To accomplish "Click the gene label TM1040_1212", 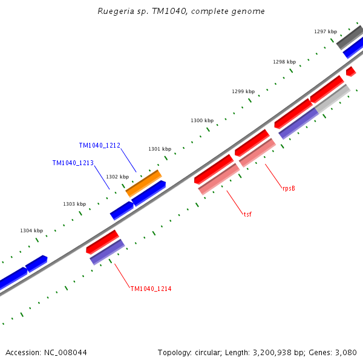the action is pyautogui.click(x=99, y=146).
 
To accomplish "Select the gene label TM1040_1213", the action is pyautogui.click(x=73, y=163).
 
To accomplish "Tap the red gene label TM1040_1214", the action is pyautogui.click(x=151, y=289).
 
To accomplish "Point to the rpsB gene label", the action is pyautogui.click(x=289, y=189).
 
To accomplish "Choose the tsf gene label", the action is pyautogui.click(x=247, y=214).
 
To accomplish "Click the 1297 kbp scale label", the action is pyautogui.click(x=325, y=31).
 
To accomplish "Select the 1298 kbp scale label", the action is pyautogui.click(x=284, y=62).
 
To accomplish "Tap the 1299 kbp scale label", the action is pyautogui.click(x=243, y=91).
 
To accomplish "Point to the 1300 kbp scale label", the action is pyautogui.click(x=202, y=121).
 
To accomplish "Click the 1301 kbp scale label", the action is pyautogui.click(x=160, y=149).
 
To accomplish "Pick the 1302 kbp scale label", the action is pyautogui.click(x=117, y=177).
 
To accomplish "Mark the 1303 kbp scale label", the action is pyautogui.click(x=74, y=204).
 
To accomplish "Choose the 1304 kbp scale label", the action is pyautogui.click(x=31, y=231).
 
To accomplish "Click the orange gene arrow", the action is pyautogui.click(x=144, y=183).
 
